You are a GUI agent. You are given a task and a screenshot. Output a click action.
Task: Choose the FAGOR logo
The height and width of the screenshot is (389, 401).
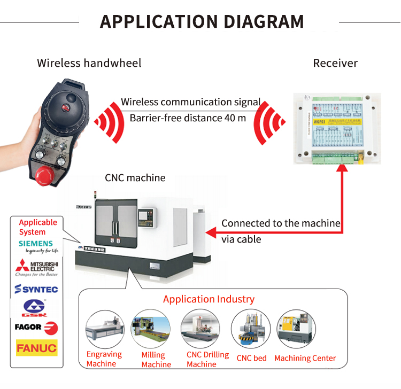36,328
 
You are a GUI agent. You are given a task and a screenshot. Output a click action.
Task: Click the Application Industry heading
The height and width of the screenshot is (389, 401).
209,299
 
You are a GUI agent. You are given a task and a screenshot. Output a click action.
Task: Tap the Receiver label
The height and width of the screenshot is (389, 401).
335,63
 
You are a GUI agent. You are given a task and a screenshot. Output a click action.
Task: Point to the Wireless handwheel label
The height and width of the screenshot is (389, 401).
89,63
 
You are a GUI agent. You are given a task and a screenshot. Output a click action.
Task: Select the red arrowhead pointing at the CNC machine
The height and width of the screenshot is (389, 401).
210,232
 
